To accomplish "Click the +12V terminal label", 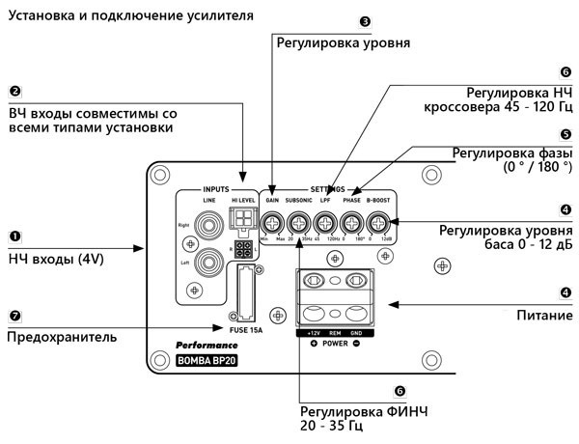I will [x=315, y=332].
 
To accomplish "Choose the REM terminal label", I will [x=335, y=332].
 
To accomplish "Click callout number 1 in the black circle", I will [x=14, y=235].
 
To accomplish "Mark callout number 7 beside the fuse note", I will [x=14, y=315].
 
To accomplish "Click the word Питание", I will [x=544, y=315].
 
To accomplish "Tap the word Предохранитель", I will [x=62, y=337].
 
